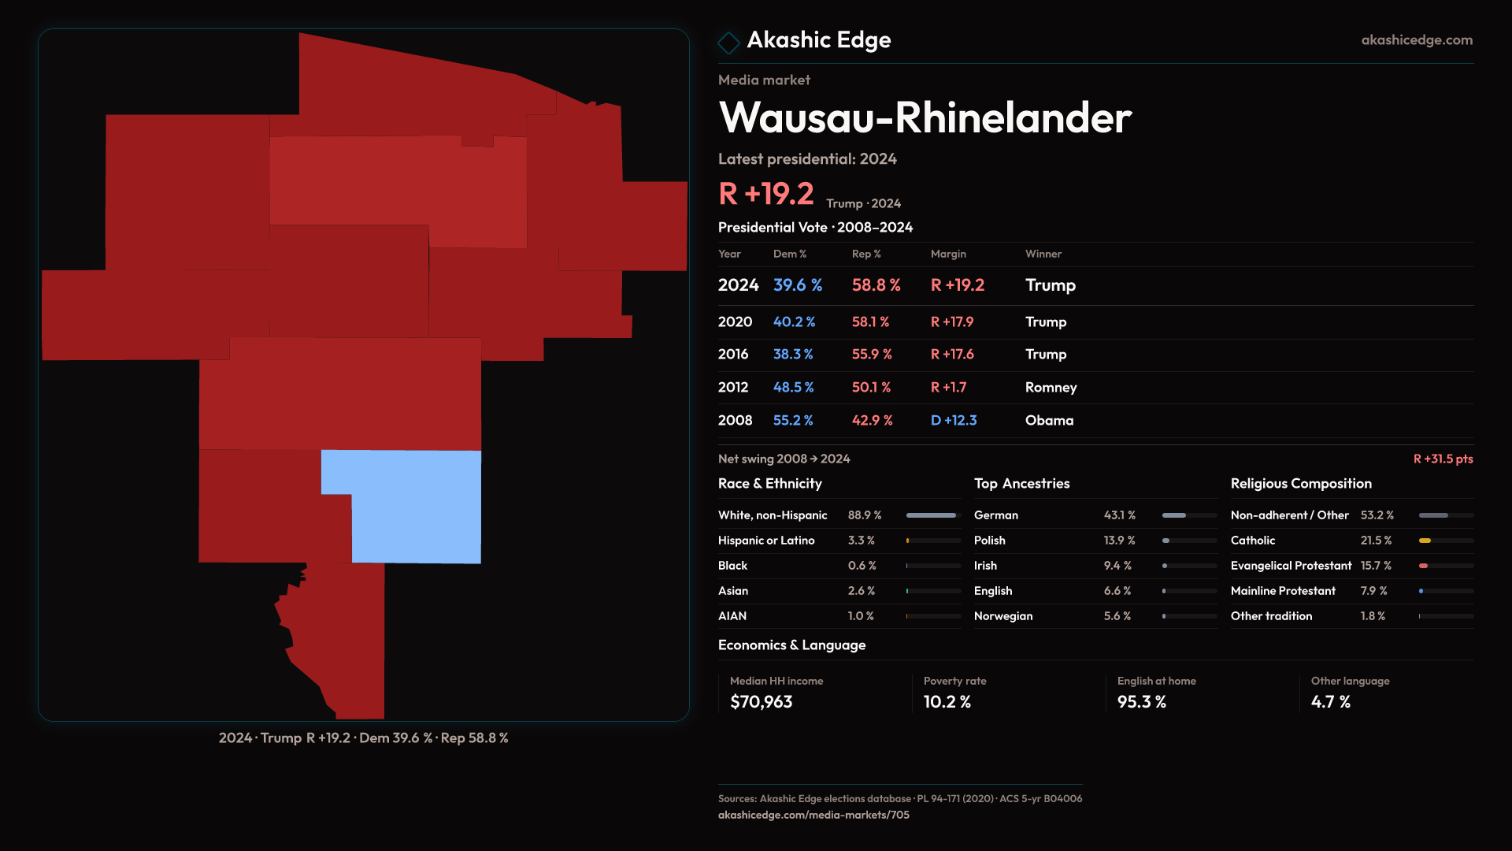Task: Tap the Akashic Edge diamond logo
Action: click(x=728, y=42)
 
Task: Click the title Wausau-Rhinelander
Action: click(x=925, y=118)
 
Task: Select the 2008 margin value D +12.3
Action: click(x=953, y=421)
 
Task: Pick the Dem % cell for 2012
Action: click(x=793, y=388)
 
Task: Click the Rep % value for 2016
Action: click(x=871, y=355)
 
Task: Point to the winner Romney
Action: click(x=1051, y=388)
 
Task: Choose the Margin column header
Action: click(x=948, y=254)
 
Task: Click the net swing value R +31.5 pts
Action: click(x=1443, y=459)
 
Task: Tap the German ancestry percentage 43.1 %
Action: click(x=1119, y=515)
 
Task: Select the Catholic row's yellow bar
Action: click(x=1425, y=541)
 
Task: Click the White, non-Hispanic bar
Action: click(x=931, y=515)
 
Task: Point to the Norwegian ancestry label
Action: click(x=1002, y=616)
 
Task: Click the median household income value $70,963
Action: click(x=761, y=702)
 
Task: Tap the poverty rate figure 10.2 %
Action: click(x=947, y=702)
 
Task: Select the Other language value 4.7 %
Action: click(x=1330, y=702)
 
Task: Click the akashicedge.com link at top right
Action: click(x=1416, y=40)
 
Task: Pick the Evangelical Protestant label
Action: click(x=1291, y=566)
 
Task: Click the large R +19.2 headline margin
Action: click(x=765, y=194)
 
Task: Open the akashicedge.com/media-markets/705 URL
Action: click(x=813, y=815)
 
